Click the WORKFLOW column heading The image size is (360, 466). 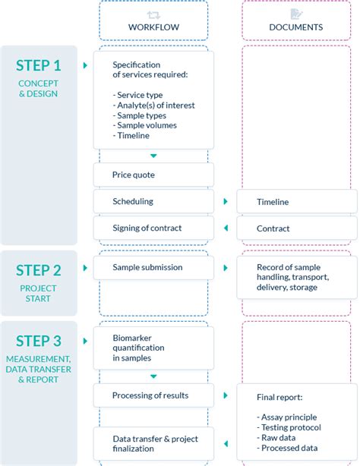pos(153,27)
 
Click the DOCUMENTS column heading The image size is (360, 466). pos(296,27)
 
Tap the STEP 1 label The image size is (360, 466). pos(39,65)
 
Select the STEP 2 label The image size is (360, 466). pos(39,271)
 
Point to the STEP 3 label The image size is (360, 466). pos(39,341)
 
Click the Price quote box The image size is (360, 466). pos(153,175)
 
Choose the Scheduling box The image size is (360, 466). pos(153,201)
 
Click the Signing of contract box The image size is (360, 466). pos(153,228)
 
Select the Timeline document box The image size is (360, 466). pos(296,202)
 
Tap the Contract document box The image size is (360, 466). pos(296,228)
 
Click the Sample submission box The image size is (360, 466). pos(153,267)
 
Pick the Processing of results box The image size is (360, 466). pos(153,395)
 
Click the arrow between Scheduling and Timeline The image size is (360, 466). pos(226,202)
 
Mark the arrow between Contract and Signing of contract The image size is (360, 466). pos(226,228)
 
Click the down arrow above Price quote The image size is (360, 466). pos(153,156)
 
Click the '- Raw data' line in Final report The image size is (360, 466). pos(279,438)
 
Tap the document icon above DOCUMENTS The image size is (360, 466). pos(296,14)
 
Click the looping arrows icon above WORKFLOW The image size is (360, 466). pos(153,14)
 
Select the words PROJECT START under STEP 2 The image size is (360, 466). pos(39,293)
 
